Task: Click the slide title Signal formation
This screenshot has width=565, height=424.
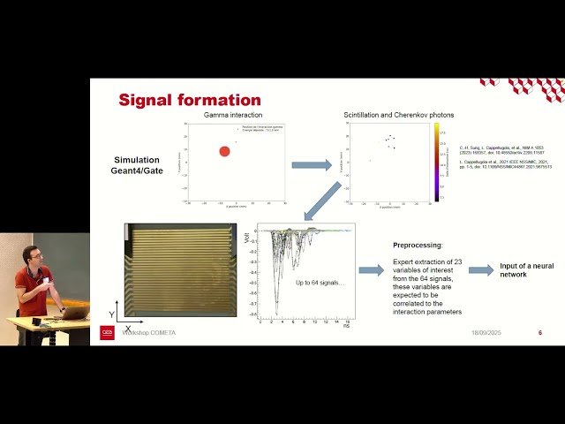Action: [x=189, y=100]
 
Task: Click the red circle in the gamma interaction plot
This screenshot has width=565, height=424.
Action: [x=224, y=151]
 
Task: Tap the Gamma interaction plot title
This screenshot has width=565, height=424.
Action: [x=228, y=115]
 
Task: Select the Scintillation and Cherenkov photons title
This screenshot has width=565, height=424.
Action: [x=387, y=115]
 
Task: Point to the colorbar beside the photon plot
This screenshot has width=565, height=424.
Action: [x=436, y=162]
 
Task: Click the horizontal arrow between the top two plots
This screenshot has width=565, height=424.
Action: [x=312, y=164]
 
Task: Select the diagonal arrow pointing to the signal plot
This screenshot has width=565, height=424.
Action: [x=323, y=201]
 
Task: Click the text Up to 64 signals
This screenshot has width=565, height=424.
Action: [x=313, y=280]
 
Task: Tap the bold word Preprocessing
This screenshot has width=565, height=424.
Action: [x=418, y=246]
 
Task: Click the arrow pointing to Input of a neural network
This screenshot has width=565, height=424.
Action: [x=481, y=270]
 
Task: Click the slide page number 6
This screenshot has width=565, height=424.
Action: [x=540, y=333]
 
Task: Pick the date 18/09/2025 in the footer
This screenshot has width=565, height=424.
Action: [x=488, y=333]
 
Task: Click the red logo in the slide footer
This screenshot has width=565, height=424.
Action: [x=107, y=333]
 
